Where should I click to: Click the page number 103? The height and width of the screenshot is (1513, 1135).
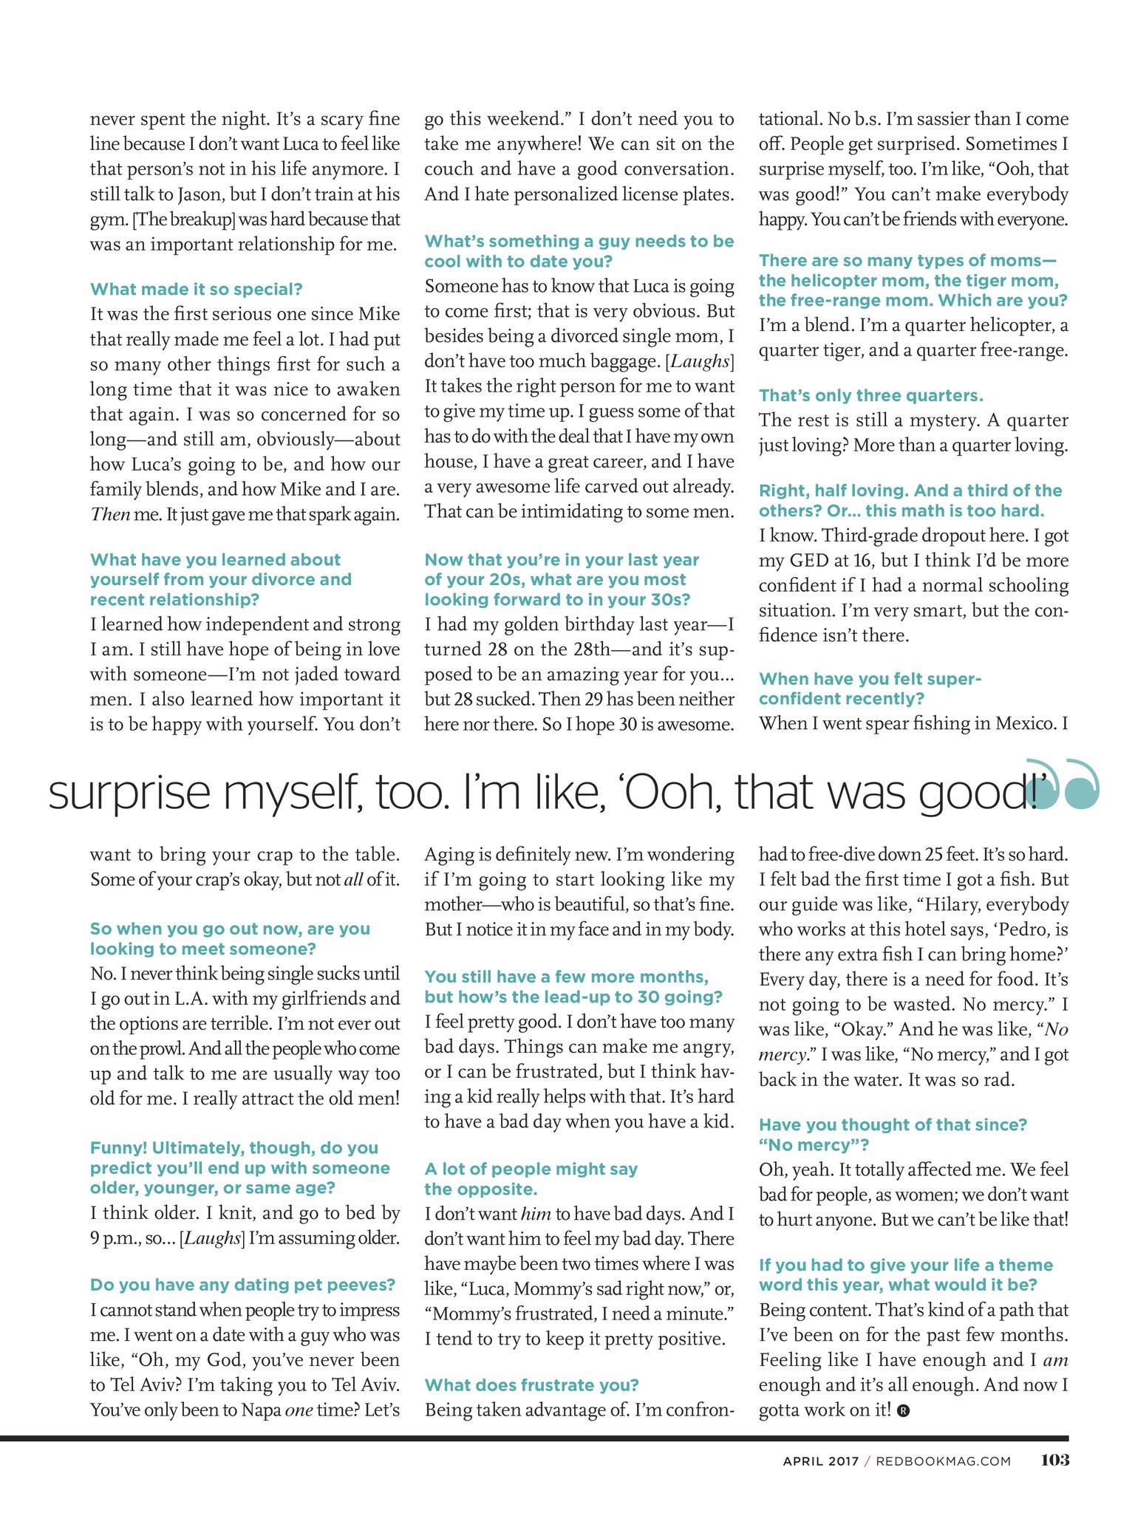point(1054,1460)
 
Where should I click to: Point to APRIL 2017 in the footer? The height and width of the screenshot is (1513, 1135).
point(820,1461)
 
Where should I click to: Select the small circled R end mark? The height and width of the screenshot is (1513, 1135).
point(903,1410)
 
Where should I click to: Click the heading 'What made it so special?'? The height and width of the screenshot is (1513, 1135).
point(196,289)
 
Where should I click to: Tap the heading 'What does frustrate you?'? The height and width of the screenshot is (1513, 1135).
point(531,1384)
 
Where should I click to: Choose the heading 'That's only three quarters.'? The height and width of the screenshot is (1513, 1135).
point(870,395)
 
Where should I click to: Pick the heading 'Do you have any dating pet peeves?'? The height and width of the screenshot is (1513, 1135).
point(242,1285)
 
